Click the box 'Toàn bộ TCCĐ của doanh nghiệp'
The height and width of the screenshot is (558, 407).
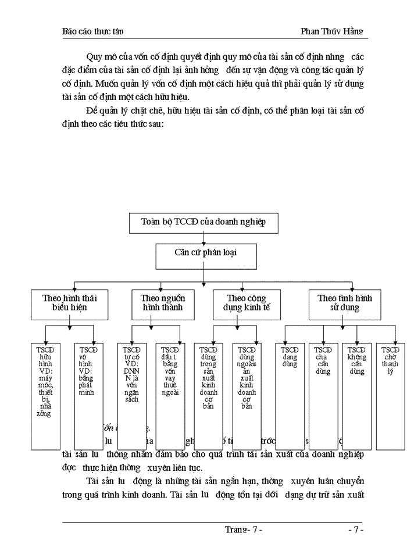[202, 222]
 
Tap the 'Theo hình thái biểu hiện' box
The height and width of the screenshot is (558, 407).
[69, 303]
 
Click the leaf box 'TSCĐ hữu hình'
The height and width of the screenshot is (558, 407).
[46, 396]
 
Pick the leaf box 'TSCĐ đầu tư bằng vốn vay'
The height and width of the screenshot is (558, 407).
[170, 396]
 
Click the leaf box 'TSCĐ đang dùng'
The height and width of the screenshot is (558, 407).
[290, 396]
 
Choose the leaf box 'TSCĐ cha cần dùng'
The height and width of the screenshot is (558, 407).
[323, 396]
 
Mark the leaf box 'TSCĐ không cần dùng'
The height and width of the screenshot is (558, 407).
[356, 396]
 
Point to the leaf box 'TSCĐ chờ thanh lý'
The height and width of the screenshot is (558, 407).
[390, 396]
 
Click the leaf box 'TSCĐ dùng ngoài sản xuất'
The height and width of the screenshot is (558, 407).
[247, 396]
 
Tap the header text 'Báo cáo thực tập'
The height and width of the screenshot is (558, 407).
[92, 31]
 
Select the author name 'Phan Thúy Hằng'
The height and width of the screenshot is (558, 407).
[331, 31]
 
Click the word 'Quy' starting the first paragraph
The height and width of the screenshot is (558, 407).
[94, 57]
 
